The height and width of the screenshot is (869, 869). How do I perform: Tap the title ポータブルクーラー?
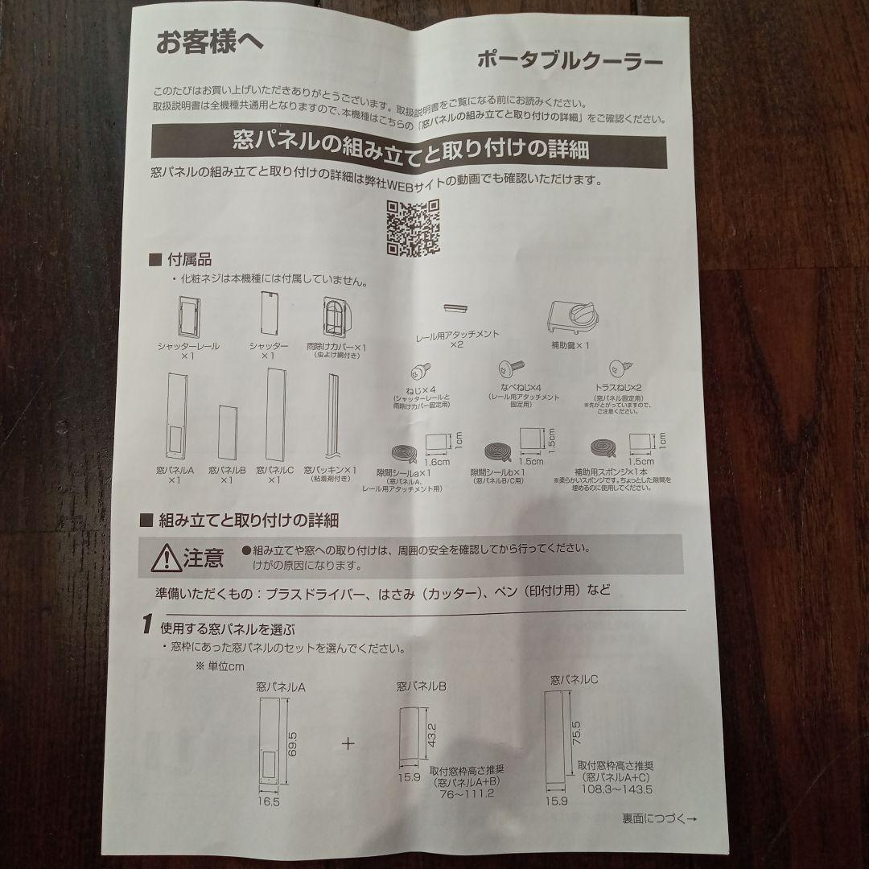click(x=570, y=61)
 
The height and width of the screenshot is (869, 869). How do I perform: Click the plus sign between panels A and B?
click(x=348, y=743)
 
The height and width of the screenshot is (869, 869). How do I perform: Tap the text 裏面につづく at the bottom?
click(x=653, y=819)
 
